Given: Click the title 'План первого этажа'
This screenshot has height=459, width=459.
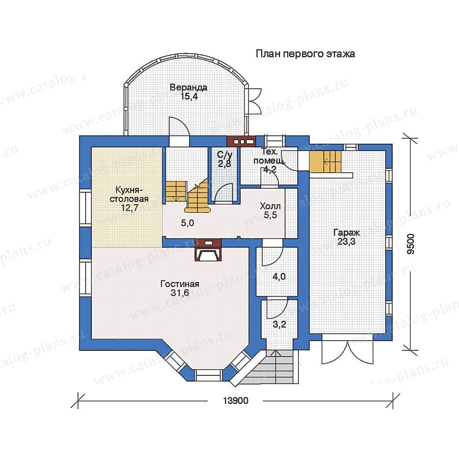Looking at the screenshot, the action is [x=305, y=54].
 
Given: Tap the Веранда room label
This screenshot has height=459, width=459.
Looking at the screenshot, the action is [x=189, y=88].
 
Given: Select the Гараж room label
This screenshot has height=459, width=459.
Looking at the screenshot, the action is [x=347, y=233].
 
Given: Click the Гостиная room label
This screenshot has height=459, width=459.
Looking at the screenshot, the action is [x=180, y=284].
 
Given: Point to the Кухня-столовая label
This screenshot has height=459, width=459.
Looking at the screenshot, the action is [x=129, y=194].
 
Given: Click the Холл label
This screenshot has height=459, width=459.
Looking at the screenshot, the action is [x=270, y=206].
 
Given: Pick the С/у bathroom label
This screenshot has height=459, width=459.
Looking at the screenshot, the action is [x=224, y=154].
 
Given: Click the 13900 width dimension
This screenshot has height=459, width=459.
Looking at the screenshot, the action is [x=236, y=400].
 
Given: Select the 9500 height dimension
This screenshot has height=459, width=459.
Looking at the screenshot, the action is [x=411, y=244].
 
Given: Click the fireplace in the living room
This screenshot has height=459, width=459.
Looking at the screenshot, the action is [x=208, y=250].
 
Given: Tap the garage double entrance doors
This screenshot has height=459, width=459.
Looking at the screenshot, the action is [x=348, y=352].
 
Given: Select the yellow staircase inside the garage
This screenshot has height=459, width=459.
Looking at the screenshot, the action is [x=325, y=162].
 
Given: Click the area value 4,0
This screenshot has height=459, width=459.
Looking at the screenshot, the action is [x=279, y=276].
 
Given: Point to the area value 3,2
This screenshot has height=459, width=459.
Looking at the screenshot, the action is [x=279, y=324].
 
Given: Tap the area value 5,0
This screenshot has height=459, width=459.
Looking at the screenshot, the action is [x=187, y=223].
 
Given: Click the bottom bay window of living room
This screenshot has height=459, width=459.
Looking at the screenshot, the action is [x=208, y=375].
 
